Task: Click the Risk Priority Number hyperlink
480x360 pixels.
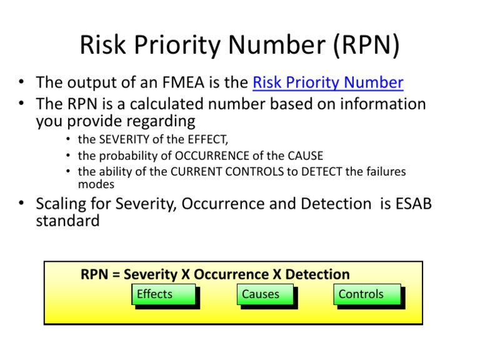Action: tap(328, 82)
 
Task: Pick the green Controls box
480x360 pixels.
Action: tap(366, 294)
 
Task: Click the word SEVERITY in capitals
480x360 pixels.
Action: tap(126, 139)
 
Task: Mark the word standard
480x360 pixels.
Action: tap(68, 221)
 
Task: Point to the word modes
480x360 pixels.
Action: tap(96, 184)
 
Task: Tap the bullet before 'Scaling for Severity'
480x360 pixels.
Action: tap(21, 204)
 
